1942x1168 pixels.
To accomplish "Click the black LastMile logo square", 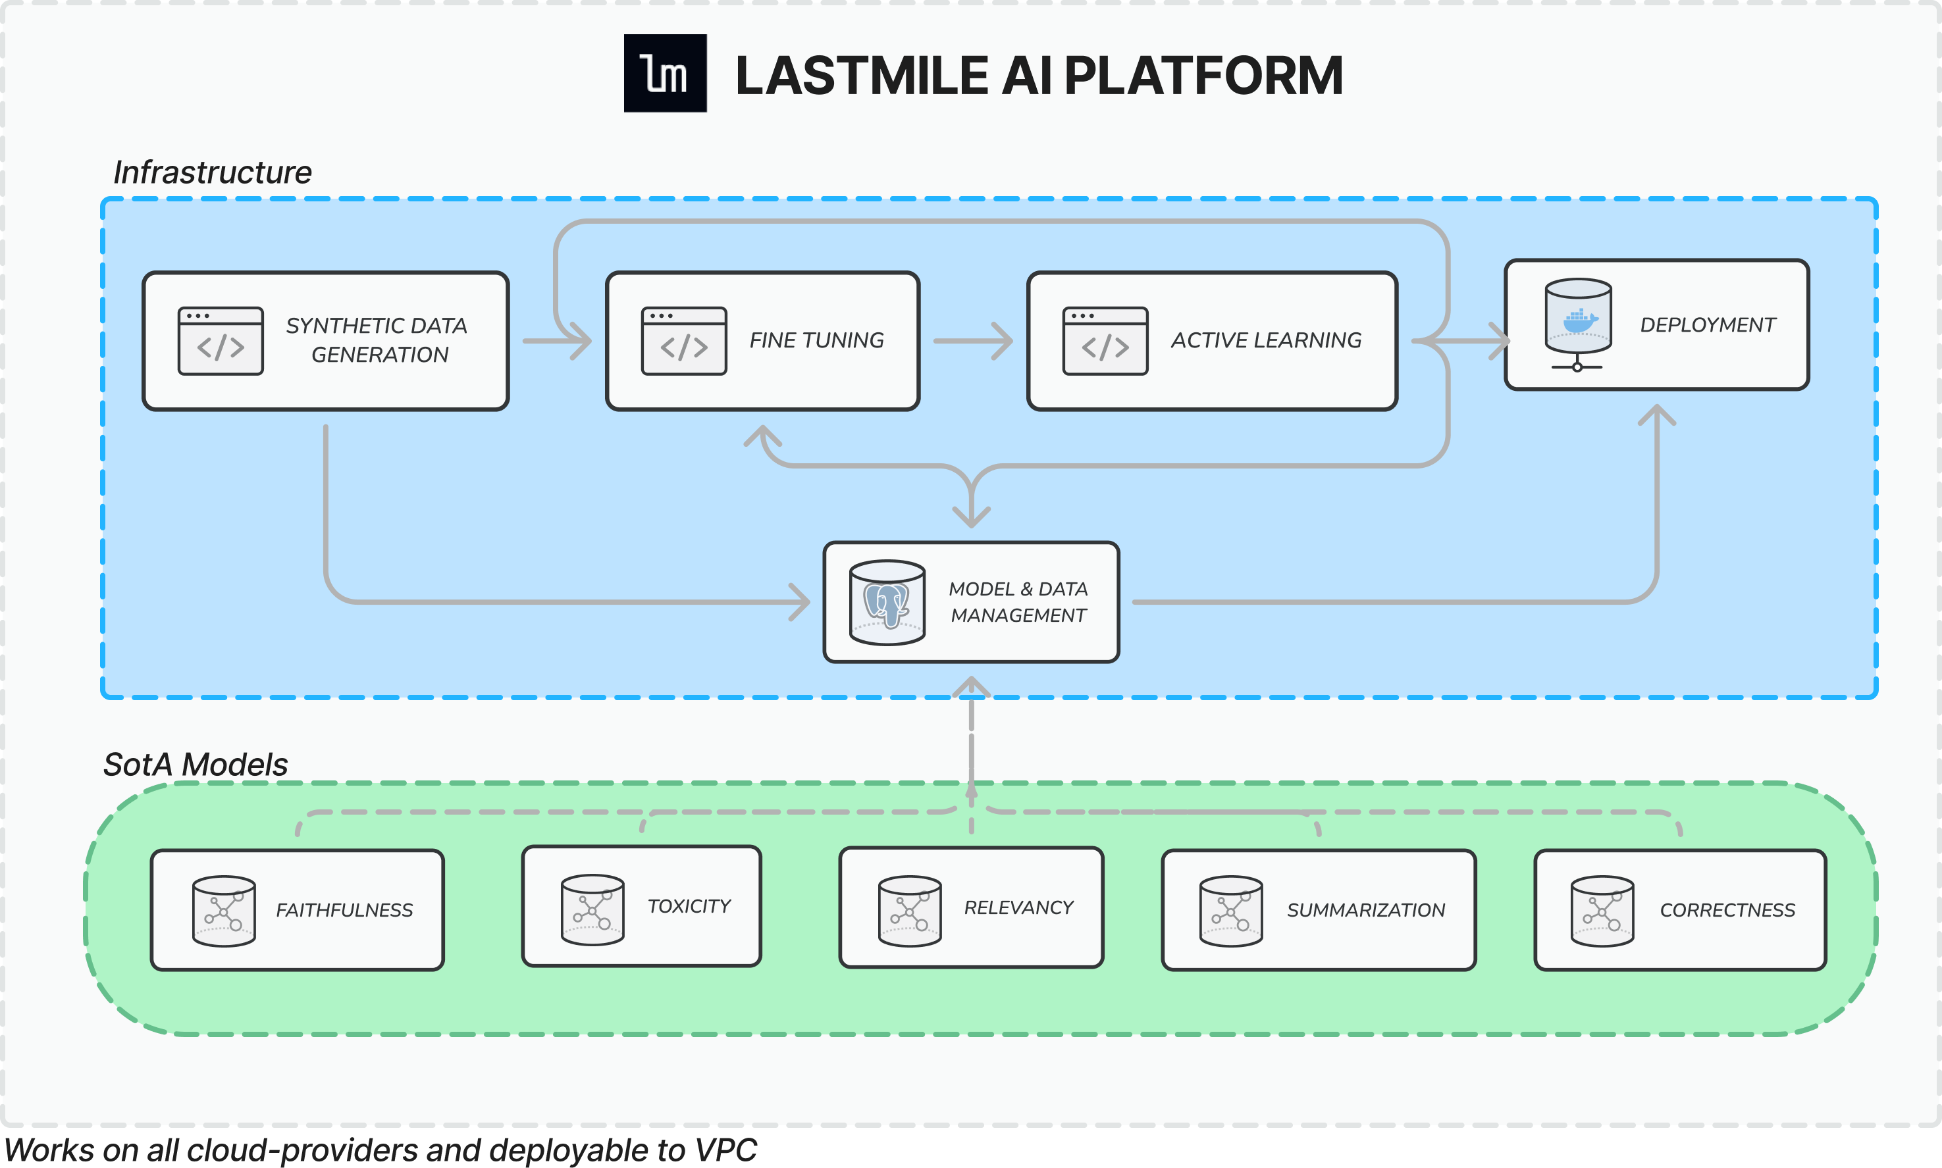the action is (665, 73).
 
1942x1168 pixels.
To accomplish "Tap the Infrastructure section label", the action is (213, 172).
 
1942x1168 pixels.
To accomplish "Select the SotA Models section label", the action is (196, 764).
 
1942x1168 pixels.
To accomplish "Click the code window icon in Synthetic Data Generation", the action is (221, 341).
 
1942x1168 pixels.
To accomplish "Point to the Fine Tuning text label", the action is (816, 340).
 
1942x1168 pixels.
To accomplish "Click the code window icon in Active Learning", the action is (1105, 341).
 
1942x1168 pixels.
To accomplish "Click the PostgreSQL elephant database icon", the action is (887, 603).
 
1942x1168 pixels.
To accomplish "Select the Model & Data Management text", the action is (1018, 602).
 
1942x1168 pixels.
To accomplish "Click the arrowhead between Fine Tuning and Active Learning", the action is (1001, 341).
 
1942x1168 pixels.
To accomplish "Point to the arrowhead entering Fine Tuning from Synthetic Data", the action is (580, 341).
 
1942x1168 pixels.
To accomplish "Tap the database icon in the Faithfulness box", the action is (224, 911).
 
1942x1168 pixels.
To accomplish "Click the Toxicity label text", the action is (690, 906).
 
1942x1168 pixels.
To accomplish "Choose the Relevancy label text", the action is (1018, 907).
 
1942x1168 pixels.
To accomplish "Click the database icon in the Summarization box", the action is (1231, 911).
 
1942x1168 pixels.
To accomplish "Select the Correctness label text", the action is (1728, 910).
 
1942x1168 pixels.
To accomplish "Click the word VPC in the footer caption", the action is (725, 1150).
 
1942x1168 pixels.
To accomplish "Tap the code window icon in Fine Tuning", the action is (684, 341).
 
